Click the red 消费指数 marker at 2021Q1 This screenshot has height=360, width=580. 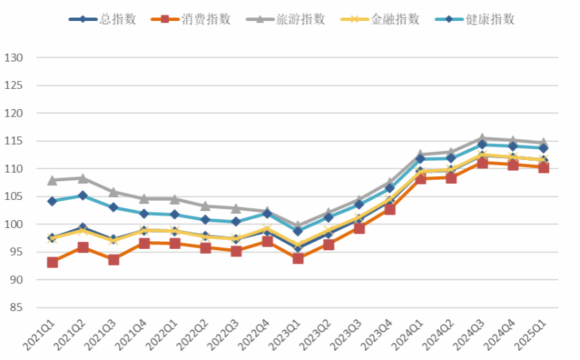pyautogui.click(x=52, y=262)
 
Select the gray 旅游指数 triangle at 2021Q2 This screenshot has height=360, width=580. pyautogui.click(x=83, y=178)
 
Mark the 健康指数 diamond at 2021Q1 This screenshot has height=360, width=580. pyautogui.click(x=52, y=201)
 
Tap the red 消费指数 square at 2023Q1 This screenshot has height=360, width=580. pyautogui.click(x=298, y=258)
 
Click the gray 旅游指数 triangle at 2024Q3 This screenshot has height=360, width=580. pyautogui.click(x=482, y=138)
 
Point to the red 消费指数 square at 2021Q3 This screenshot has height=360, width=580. pyautogui.click(x=114, y=259)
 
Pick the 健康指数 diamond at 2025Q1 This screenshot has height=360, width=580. pyautogui.click(x=544, y=148)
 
